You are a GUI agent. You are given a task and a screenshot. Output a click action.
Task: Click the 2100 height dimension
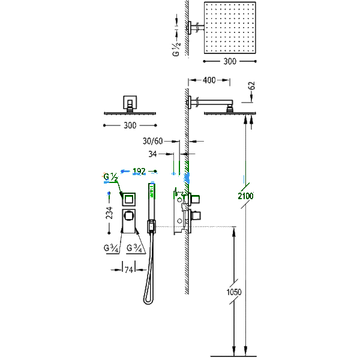click(245, 196)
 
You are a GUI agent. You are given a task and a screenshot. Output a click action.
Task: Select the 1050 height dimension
click(234, 292)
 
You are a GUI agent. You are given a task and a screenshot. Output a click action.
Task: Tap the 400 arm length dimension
click(209, 80)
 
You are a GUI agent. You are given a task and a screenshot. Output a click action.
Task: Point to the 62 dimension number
click(252, 86)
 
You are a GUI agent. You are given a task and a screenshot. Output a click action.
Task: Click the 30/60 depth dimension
click(152, 141)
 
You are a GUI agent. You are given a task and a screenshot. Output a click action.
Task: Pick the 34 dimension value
click(152, 154)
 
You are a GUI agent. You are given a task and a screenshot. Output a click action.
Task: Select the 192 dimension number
click(139, 171)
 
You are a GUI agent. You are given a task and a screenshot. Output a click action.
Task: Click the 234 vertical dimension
click(110, 212)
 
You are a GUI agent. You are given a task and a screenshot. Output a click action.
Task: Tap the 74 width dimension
click(129, 270)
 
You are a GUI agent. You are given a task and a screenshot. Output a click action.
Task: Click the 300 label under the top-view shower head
click(230, 61)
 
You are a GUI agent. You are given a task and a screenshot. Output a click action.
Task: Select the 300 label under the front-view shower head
click(130, 125)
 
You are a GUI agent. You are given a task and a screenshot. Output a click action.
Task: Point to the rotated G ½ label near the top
click(176, 49)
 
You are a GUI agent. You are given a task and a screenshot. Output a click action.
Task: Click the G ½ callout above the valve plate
click(110, 177)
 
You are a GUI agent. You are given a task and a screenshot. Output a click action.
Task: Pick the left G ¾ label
click(111, 248)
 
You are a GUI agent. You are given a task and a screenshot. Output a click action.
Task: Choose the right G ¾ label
click(134, 248)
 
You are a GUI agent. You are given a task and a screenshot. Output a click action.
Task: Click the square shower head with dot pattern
click(230, 28)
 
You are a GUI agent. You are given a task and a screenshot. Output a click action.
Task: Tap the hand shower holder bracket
click(151, 226)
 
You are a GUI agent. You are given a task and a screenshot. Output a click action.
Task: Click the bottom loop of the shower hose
click(148, 301)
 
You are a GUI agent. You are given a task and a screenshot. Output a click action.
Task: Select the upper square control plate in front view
click(128, 200)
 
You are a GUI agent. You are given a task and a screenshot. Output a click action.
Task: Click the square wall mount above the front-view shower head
click(130, 103)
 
